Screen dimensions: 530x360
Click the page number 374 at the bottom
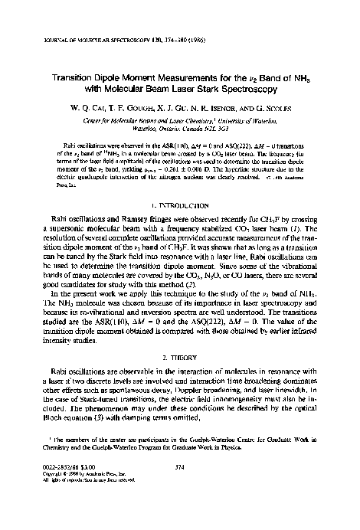(x=181, y=486)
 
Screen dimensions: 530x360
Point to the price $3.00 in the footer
(x=84, y=486)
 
